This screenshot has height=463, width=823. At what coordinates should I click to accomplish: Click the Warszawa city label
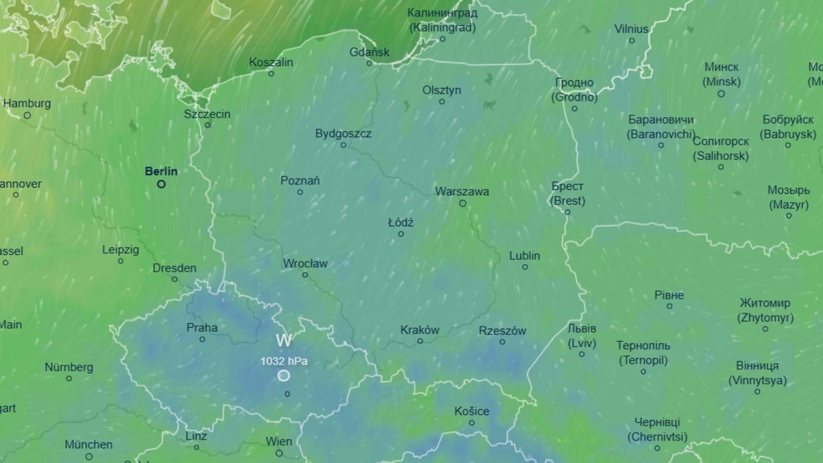[462, 191]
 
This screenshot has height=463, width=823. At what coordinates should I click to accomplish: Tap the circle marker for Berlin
[161, 184]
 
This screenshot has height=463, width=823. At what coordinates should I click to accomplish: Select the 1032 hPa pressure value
[284, 360]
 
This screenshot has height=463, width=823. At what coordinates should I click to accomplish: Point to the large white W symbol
[284, 340]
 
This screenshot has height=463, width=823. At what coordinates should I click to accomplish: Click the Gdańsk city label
[369, 51]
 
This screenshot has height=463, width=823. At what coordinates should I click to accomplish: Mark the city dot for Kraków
[420, 341]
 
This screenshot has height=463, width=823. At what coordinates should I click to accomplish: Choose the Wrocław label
[305, 263]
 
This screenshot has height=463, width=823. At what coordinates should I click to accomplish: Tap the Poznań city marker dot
[300, 192]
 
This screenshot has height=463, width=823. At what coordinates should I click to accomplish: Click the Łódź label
[401, 222]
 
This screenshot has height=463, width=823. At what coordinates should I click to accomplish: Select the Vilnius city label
[631, 29]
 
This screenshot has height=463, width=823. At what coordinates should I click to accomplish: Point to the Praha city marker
[202, 339]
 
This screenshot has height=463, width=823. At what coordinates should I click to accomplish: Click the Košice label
[472, 411]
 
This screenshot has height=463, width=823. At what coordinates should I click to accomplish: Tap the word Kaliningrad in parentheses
[442, 27]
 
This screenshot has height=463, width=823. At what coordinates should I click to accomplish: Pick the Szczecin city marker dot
[207, 125]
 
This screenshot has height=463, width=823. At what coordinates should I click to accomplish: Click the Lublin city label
[525, 256]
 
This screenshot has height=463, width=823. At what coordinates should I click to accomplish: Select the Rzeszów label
[502, 331]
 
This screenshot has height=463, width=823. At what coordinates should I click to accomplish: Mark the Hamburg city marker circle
[27, 115]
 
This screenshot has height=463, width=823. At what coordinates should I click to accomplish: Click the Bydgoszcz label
[343, 133]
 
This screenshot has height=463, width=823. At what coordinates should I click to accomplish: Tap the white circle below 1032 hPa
[284, 375]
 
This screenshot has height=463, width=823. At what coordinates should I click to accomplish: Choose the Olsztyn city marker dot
[442, 102]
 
